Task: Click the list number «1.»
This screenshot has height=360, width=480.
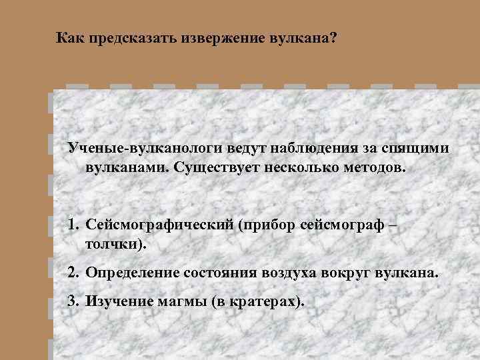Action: (x=73, y=226)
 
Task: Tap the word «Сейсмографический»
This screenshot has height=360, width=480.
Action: (x=157, y=226)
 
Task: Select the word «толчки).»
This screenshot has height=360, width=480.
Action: (x=115, y=245)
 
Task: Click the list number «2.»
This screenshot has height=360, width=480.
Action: (x=73, y=273)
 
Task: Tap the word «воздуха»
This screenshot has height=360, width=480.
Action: (x=293, y=273)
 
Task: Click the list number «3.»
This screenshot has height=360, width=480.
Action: (x=73, y=301)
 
